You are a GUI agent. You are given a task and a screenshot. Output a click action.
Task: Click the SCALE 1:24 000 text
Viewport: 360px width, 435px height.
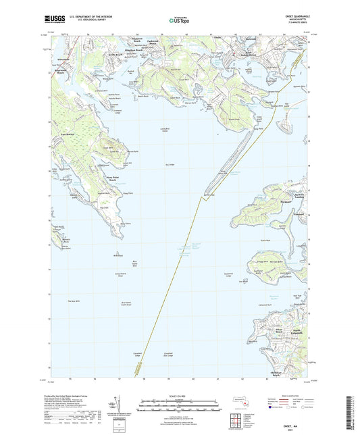tap(180, 395)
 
